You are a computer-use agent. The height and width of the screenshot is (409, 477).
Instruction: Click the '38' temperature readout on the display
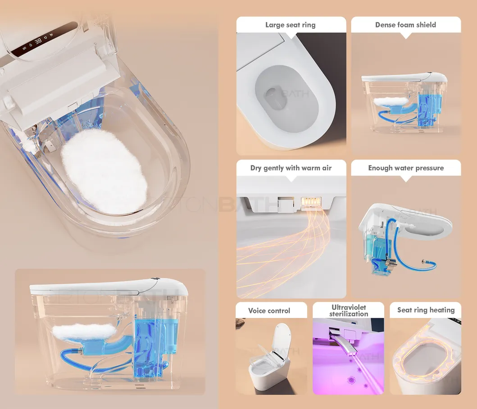tap(38, 41)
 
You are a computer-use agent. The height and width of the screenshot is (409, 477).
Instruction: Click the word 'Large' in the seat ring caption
tap(275, 25)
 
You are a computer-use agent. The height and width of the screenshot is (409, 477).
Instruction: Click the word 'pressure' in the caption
tap(430, 168)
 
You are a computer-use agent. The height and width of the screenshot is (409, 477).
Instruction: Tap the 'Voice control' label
tap(269, 311)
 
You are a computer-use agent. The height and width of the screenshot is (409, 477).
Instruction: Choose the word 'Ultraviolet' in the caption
tap(349, 307)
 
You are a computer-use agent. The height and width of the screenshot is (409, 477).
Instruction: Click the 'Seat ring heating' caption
tap(426, 310)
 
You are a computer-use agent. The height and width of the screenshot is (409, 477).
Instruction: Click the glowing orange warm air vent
tap(311, 202)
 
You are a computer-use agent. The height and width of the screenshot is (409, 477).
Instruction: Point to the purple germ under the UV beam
tap(352, 380)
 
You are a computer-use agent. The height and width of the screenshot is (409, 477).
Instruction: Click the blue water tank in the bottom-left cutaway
tap(150, 344)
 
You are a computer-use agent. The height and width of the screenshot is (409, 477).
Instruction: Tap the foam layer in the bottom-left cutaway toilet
tap(84, 332)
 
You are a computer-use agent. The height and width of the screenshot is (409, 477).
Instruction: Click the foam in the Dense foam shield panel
tap(391, 101)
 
